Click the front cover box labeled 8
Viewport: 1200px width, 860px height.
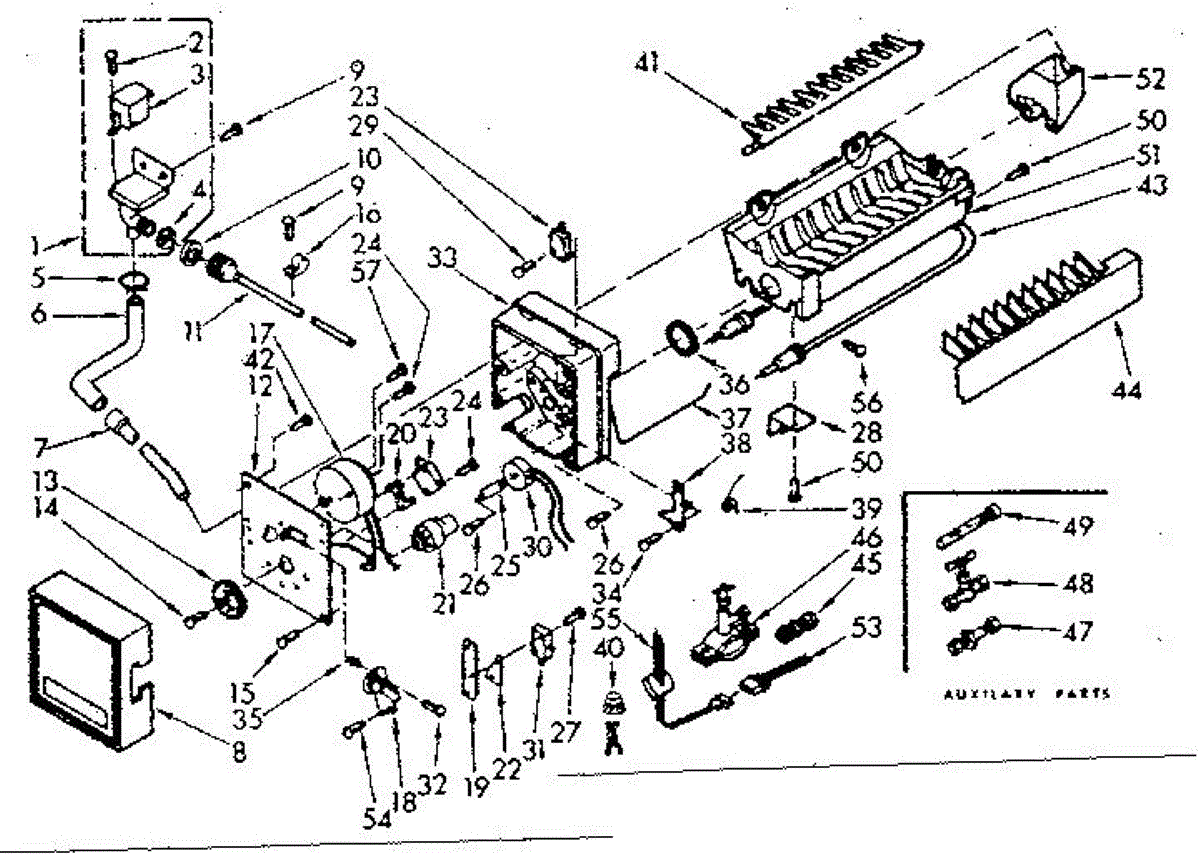coord(85,660)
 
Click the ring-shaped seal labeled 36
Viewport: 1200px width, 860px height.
coord(682,335)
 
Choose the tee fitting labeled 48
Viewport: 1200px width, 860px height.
coord(962,583)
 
